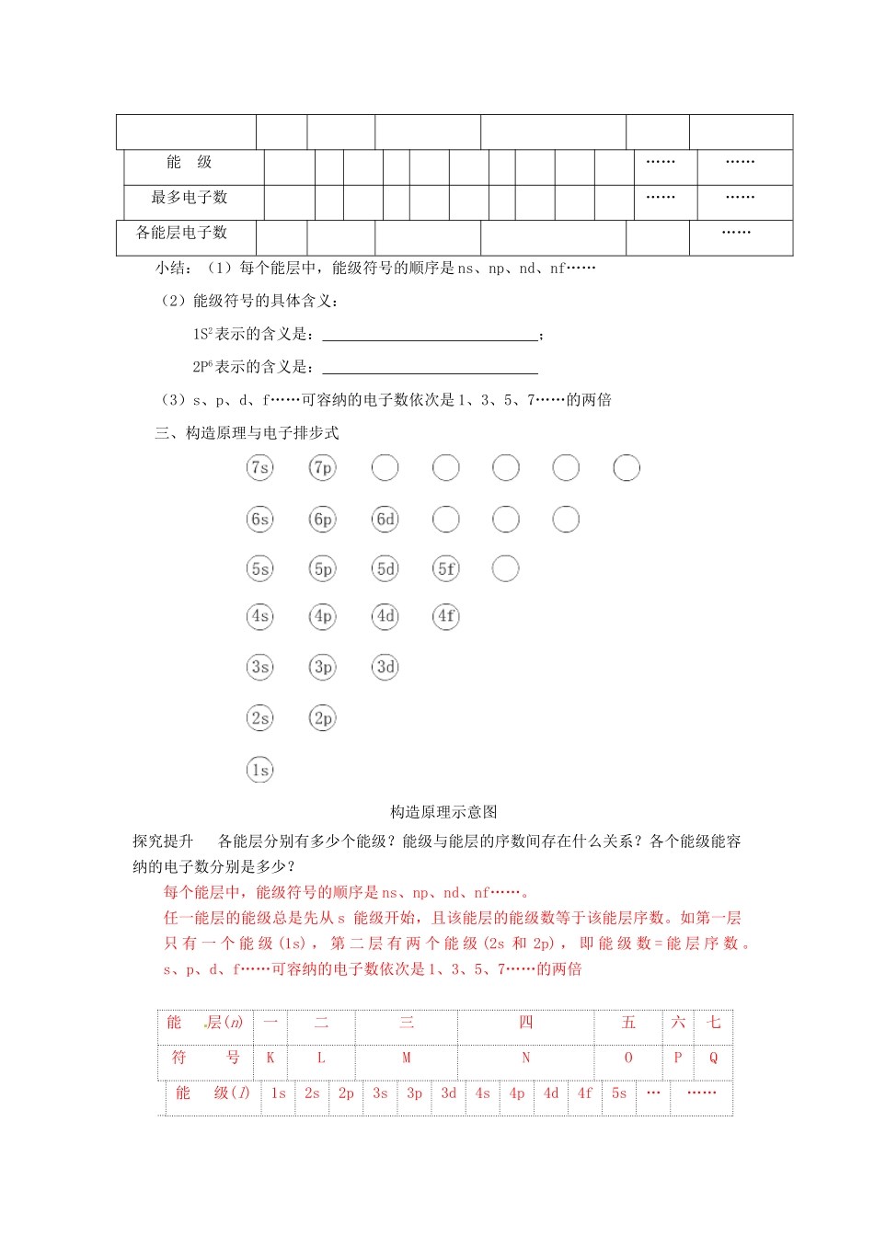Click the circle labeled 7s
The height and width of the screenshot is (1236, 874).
point(260,468)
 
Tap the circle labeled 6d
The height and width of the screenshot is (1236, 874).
point(385,520)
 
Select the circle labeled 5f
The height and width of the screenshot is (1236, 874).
point(446,569)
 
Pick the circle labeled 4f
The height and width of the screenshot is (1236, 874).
point(446,616)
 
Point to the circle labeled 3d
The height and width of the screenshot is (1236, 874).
point(385,667)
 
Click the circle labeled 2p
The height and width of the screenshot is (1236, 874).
point(323,718)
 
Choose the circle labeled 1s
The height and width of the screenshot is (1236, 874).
point(260,771)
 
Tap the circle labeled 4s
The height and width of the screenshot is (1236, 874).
point(260,616)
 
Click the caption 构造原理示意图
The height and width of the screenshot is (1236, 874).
point(443,812)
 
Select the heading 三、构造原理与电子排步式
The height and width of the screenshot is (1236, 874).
point(247,433)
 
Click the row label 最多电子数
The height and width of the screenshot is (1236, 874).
point(190,198)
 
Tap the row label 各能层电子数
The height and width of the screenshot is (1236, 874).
point(182,233)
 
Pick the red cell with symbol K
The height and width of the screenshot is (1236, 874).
point(270,1058)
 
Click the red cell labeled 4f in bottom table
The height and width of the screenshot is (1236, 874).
point(585,1093)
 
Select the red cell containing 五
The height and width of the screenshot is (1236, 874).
point(628,1023)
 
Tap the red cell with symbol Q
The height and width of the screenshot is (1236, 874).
point(713,1058)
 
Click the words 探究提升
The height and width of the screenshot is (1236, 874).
point(163,841)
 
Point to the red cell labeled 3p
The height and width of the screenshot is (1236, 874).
point(414,1093)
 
